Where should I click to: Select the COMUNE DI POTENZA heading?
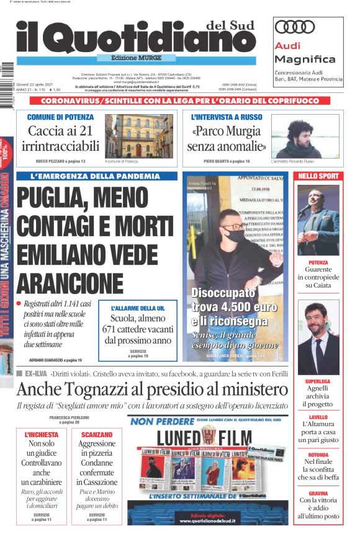[61, 117]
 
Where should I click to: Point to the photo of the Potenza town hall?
[139, 136]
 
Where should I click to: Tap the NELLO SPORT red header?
[318, 176]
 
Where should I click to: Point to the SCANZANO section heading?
[96, 435]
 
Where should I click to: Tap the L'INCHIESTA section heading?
[42, 435]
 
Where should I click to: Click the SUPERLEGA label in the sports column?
[318, 382]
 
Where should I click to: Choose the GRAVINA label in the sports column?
[318, 493]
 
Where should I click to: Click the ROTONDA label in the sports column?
[318, 455]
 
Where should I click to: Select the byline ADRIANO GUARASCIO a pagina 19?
[56, 360]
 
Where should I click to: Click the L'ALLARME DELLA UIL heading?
[138, 308]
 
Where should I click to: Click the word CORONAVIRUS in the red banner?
[68, 100]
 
